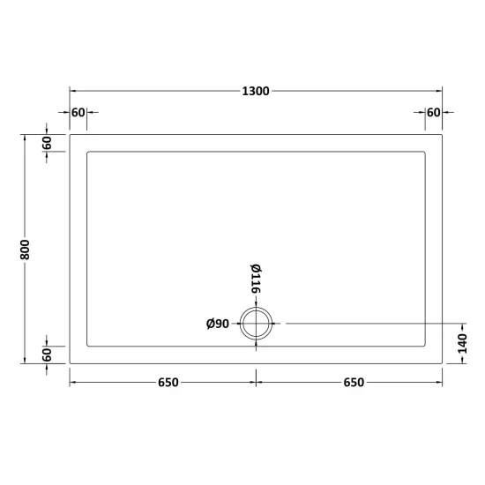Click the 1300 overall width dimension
(x=256, y=91)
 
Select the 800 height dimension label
(x=25, y=250)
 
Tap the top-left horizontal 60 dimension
(x=78, y=113)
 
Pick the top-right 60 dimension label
(x=433, y=113)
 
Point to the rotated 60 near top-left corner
(x=47, y=143)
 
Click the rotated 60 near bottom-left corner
(x=47, y=354)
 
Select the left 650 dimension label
(x=168, y=383)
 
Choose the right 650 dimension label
(x=354, y=383)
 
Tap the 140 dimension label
(x=463, y=343)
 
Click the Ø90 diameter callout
(x=218, y=324)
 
